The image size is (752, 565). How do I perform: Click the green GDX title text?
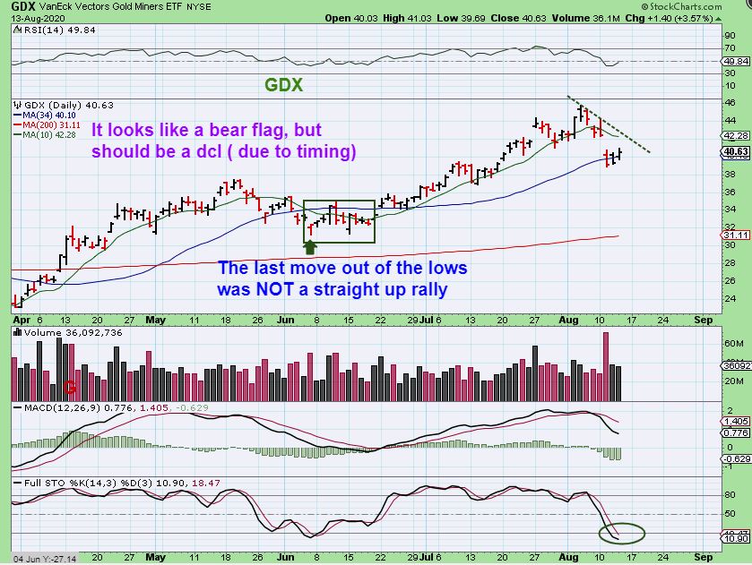283,86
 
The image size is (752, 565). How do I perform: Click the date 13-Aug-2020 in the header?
26,17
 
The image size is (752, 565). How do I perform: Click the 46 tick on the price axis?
730,103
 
